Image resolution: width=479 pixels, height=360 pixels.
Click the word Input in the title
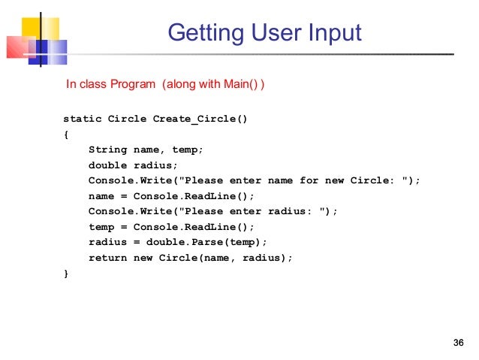pos(334,33)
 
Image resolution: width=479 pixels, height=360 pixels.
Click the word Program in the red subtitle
pos(134,84)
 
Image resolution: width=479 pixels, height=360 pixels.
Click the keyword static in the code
pos(82,119)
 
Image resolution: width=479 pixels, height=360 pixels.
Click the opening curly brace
pos(66,135)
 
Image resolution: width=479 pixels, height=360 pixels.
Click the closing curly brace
pos(66,274)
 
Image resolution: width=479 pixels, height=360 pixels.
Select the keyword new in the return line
pos(143,258)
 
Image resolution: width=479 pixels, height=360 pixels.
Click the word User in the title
pos(269,33)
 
